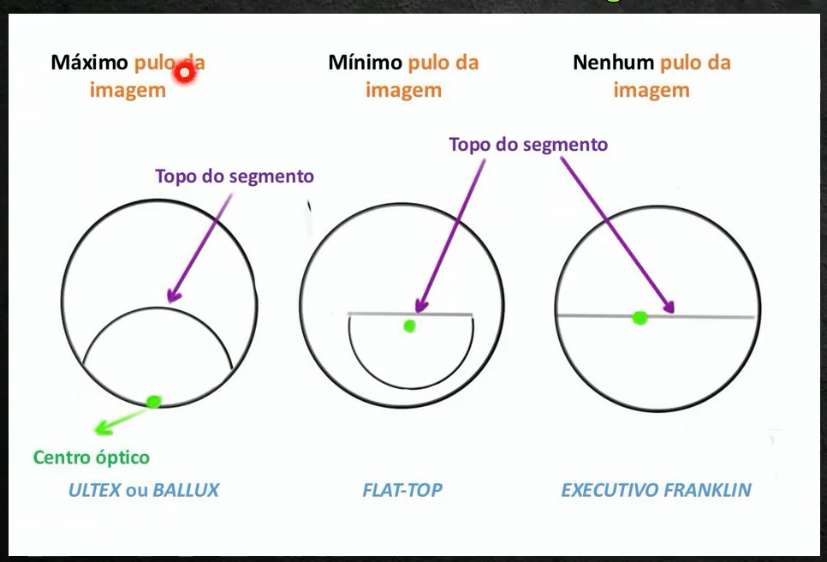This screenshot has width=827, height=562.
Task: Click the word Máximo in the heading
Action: point(90,63)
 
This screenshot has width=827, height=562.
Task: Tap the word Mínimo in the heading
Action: point(365,63)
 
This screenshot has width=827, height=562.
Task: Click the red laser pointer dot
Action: point(184,73)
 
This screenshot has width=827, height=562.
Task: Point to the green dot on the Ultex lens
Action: point(154,401)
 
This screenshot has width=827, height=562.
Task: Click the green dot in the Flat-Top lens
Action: point(410,326)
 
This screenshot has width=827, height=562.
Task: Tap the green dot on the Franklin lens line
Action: point(640,318)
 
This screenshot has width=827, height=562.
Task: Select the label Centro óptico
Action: point(92,457)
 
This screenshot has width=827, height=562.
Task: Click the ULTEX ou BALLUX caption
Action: point(144,491)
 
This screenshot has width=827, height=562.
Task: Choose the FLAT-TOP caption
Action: point(402,491)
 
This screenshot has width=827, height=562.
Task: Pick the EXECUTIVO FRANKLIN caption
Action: point(656,491)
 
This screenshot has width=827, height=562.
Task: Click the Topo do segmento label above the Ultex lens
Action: point(235,176)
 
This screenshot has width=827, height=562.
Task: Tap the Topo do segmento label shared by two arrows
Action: point(528,144)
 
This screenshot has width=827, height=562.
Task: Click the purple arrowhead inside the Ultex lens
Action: point(172,296)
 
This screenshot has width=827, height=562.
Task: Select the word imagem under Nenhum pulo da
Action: point(651,90)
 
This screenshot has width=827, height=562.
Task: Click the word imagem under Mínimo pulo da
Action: point(404,90)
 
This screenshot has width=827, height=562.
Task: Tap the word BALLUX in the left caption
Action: point(186,491)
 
